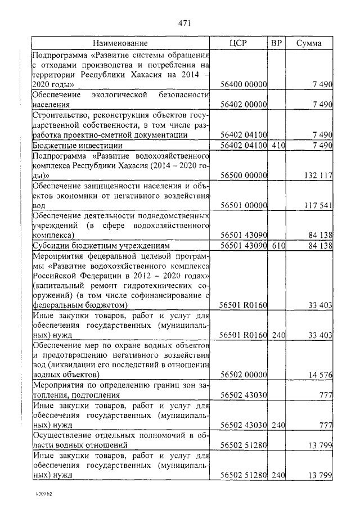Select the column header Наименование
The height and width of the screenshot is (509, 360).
pyautogui.click(x=120, y=43)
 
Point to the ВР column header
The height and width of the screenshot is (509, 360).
pyautogui.click(x=276, y=43)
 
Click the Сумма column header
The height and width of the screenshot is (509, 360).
pyautogui.click(x=309, y=43)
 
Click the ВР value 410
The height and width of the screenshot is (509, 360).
pyautogui.click(x=276, y=145)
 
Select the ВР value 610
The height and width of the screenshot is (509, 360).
pyautogui.click(x=276, y=246)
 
